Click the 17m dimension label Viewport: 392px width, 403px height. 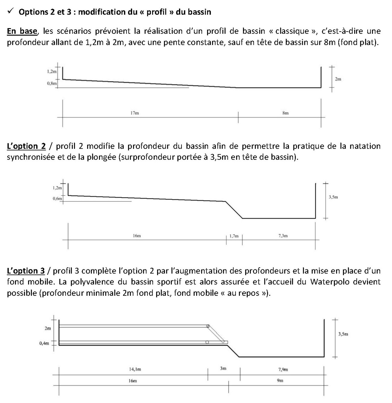tap(135, 113)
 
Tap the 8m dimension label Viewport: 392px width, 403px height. tap(285, 113)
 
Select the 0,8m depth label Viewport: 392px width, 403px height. tap(52, 84)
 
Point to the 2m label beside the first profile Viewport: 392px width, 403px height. tap(338, 79)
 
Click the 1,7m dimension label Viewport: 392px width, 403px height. tap(234, 236)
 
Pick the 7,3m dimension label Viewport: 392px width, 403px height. tap(283, 235)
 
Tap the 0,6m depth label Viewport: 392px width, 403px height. tap(57, 199)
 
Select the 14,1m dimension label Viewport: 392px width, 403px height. tap(135, 369)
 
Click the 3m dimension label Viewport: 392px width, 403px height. tap(223, 368)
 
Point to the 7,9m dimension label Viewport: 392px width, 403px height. tap(283, 369)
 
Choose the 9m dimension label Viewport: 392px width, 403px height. tap(280, 381)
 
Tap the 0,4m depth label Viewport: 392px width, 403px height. tap(44, 343)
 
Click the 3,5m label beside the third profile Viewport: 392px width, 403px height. tap(343, 334)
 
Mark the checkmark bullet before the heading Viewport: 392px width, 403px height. tap(11, 11)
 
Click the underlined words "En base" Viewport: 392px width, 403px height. tap(22, 31)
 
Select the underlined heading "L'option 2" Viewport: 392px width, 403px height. tap(26, 146)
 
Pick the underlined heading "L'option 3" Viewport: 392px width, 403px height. tap(26, 271)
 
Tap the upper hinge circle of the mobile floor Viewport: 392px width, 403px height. tap(208, 326)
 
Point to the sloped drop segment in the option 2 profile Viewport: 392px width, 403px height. tap(234, 210)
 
